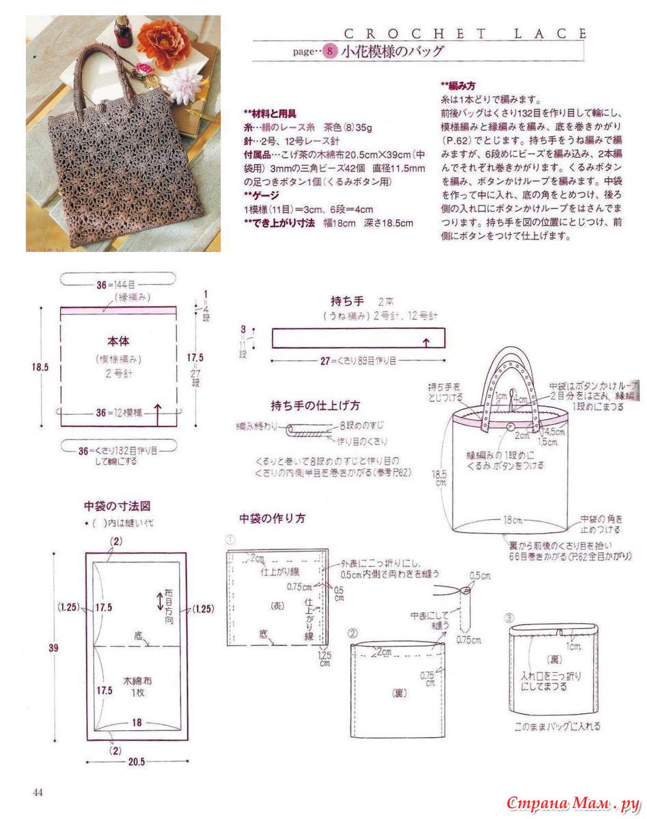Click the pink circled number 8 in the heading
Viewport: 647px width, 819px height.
click(x=330, y=51)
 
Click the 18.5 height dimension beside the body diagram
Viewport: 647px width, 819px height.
click(x=40, y=367)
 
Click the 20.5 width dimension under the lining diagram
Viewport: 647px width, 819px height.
click(x=137, y=762)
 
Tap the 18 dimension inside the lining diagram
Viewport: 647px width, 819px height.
click(x=137, y=721)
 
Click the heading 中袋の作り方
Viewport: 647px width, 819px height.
click(x=272, y=518)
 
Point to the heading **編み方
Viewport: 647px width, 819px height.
click(x=456, y=86)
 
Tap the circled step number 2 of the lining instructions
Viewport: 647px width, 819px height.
click(x=353, y=633)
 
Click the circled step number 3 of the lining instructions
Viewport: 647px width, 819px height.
click(x=510, y=618)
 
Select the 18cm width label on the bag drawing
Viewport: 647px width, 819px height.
click(x=510, y=520)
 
